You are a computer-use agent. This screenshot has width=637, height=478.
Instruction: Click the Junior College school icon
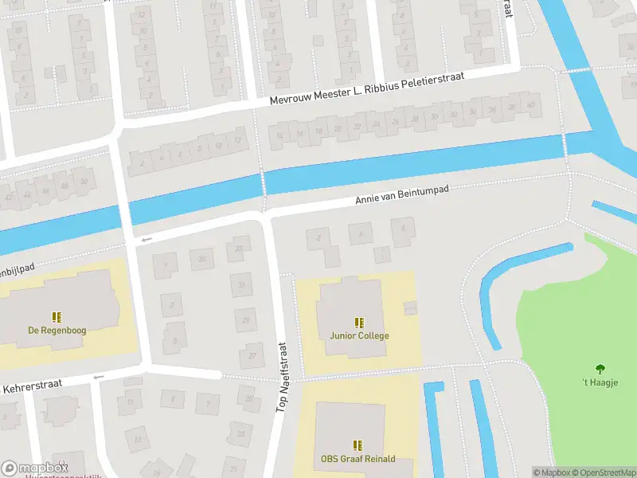pos(359,323)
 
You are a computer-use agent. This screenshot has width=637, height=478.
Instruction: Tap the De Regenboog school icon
pos(57,316)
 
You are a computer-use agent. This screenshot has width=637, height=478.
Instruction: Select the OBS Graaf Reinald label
pos(358,459)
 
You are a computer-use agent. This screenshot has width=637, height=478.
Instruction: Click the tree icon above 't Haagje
pos(600,368)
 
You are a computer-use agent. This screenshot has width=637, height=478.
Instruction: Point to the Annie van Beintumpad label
pos(402,196)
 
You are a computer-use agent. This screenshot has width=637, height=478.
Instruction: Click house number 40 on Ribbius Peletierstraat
pos(530,105)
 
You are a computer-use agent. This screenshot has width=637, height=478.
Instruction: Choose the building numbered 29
pos(246,319)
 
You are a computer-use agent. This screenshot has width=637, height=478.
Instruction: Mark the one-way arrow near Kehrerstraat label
pos(98,377)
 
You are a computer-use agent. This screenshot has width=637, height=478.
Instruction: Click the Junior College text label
pos(359,335)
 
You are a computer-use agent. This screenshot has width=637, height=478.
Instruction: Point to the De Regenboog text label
pos(57,330)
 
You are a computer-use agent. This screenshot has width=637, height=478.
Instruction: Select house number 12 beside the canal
pos(236,141)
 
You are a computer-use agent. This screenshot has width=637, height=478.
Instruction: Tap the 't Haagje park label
pos(600,382)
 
